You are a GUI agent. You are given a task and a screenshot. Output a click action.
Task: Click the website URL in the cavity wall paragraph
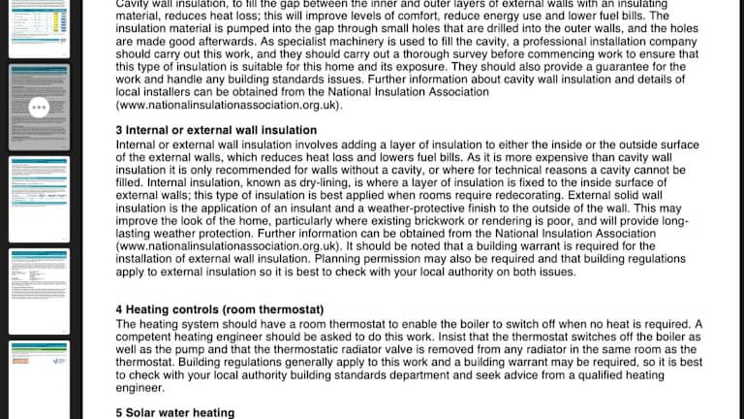[x=229, y=104]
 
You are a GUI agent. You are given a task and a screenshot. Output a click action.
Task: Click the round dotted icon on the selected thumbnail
[x=39, y=108]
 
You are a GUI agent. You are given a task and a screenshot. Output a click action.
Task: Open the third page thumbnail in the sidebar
[x=39, y=198]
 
